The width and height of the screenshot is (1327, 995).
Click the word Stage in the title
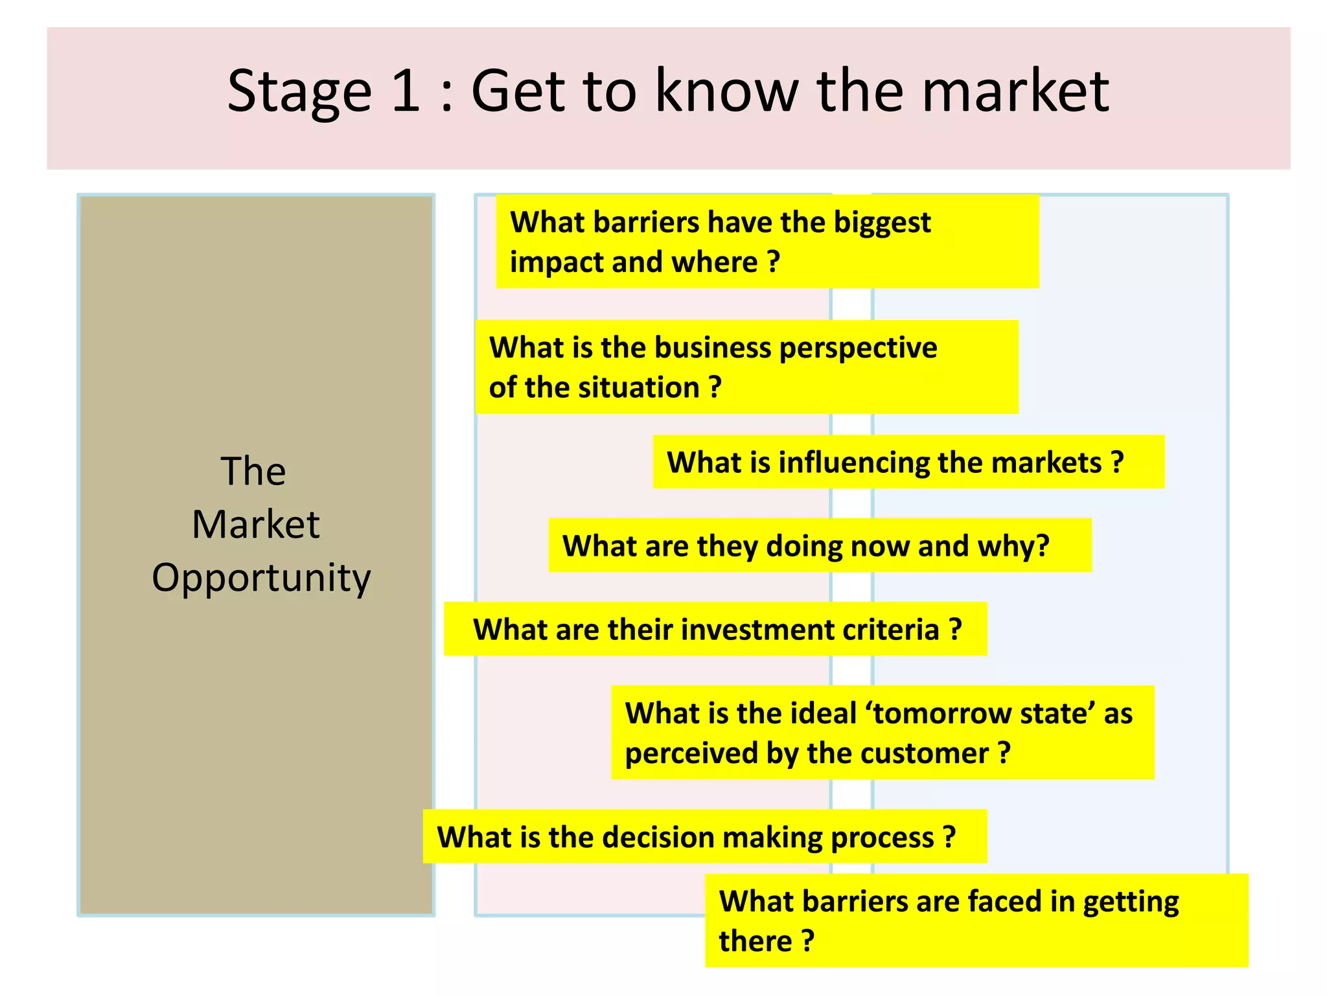[x=299, y=92]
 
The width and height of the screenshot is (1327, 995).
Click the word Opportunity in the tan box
[x=261, y=578]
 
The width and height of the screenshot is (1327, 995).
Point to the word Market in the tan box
[x=255, y=524]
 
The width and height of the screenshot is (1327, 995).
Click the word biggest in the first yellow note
[x=882, y=223]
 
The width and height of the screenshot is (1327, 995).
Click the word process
[x=882, y=838]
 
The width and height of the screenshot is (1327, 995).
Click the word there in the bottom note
[x=755, y=941]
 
